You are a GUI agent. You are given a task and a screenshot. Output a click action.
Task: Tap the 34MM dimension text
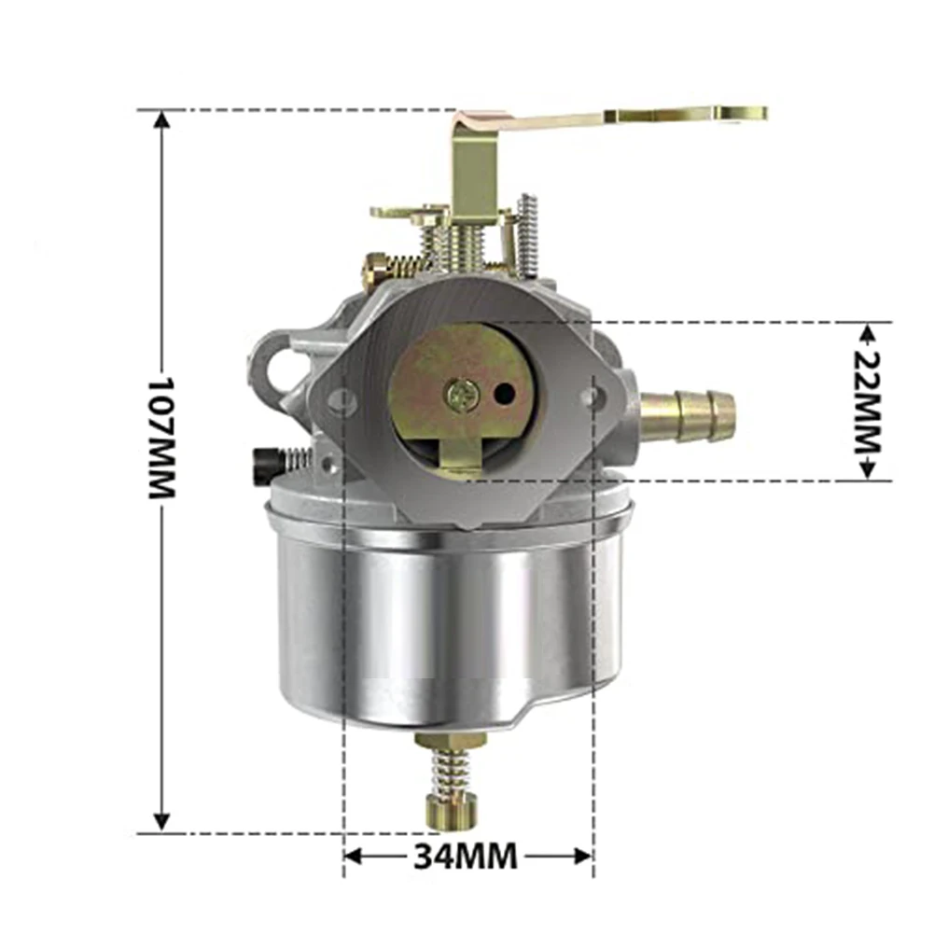click(466, 855)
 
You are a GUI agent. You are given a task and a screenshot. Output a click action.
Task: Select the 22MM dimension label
click(868, 401)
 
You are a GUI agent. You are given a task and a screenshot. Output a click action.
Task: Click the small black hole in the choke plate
click(504, 395)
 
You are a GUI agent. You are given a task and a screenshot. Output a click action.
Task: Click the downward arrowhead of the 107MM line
click(162, 821)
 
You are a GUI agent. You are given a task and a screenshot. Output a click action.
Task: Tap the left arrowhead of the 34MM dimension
click(355, 855)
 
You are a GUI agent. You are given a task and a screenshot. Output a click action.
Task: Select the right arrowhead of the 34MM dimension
click(582, 855)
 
